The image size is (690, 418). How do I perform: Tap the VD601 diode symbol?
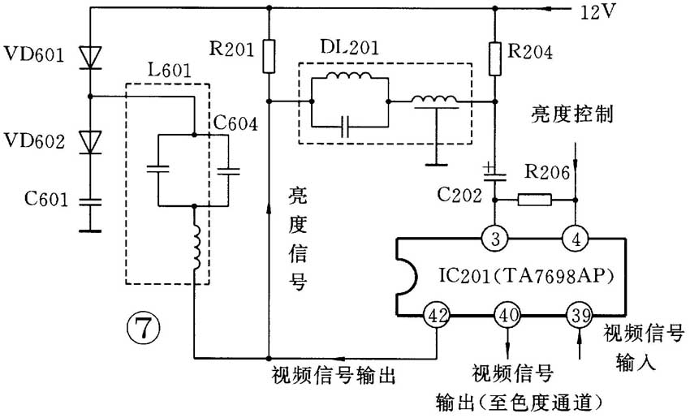(89, 55)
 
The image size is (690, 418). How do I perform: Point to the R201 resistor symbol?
(269, 55)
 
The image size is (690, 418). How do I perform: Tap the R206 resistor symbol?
(535, 199)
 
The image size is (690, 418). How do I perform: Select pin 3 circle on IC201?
(494, 238)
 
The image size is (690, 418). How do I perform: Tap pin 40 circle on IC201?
(507, 316)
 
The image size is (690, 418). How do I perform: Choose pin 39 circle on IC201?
(577, 316)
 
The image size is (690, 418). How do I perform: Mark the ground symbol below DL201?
(436, 162)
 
